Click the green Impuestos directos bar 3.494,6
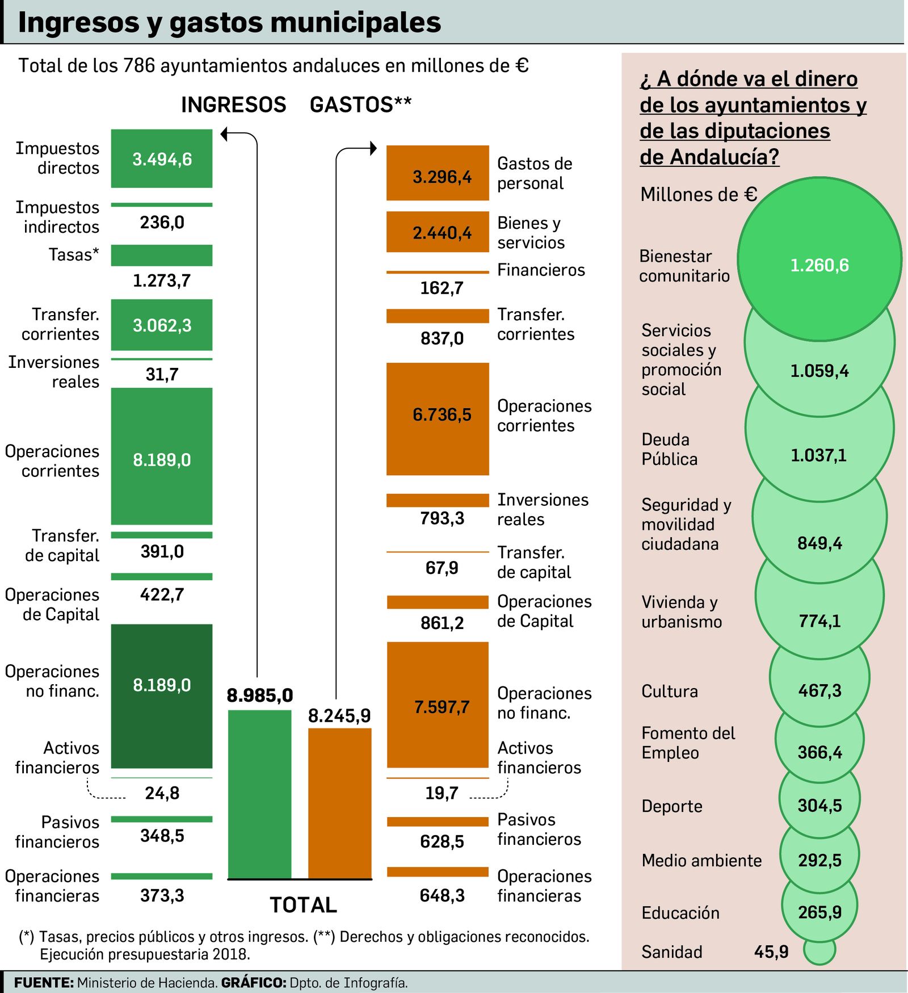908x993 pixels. pos(161,158)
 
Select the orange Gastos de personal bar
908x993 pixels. pos(437,173)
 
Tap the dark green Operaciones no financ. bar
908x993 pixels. pos(161,695)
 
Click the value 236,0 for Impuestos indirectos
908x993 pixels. pos(162,222)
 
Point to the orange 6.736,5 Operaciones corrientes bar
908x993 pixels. pos(437,418)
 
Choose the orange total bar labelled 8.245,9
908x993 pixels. pos(339,803)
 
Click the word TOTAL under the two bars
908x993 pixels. pos(303,905)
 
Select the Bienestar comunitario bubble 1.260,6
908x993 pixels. pos(819,259)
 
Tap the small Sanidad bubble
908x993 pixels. pos(819,949)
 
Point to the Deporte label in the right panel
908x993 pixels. pos(671,806)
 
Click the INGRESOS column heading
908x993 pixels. pos(233,105)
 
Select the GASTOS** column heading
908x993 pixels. pos(360,105)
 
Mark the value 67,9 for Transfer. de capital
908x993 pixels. pos(442,568)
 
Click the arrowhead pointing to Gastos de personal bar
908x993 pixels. pos(373,148)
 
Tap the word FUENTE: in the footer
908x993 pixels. pos(44,983)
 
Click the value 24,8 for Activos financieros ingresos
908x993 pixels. pos(162,793)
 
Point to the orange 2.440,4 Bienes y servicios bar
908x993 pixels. pos(437,232)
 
